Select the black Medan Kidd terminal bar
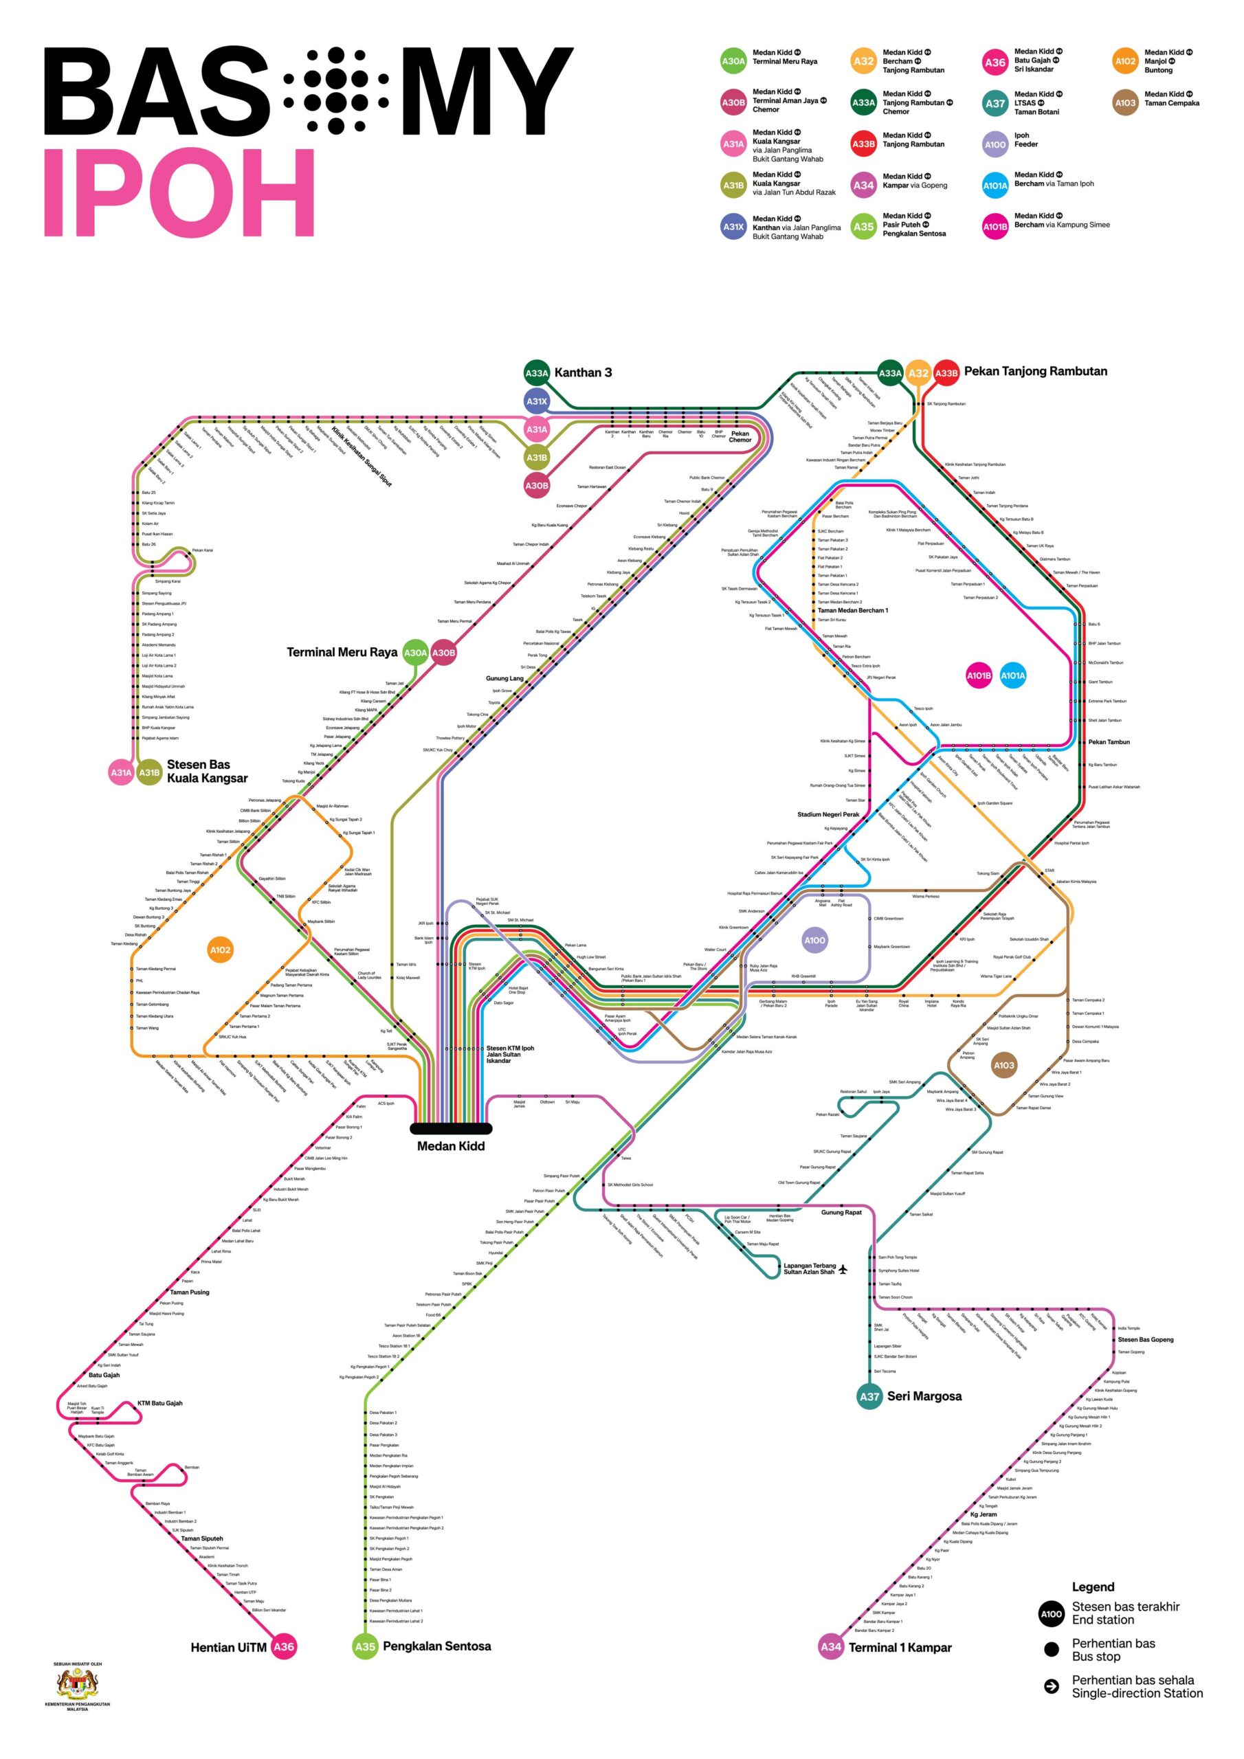pyautogui.click(x=451, y=1128)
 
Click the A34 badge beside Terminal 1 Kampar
pyautogui.click(x=831, y=1646)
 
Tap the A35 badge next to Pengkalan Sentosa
pyautogui.click(x=366, y=1646)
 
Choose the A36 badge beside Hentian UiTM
pyautogui.click(x=284, y=1646)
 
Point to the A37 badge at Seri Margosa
pyautogui.click(x=869, y=1396)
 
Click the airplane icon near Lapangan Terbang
pyautogui.click(x=843, y=1270)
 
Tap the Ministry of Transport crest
pyautogui.click(x=78, y=1685)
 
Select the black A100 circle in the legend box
pyautogui.click(x=1051, y=1613)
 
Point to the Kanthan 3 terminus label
pyautogui.click(x=583, y=373)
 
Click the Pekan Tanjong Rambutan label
pyautogui.click(x=1035, y=372)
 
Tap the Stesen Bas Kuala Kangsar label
pyautogui.click(x=207, y=771)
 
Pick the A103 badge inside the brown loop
pyautogui.click(x=1003, y=1065)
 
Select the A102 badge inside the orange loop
pyautogui.click(x=220, y=950)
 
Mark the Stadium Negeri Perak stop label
pyautogui.click(x=828, y=814)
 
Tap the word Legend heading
pyautogui.click(x=1092, y=1587)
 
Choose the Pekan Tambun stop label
pyautogui.click(x=1109, y=741)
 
